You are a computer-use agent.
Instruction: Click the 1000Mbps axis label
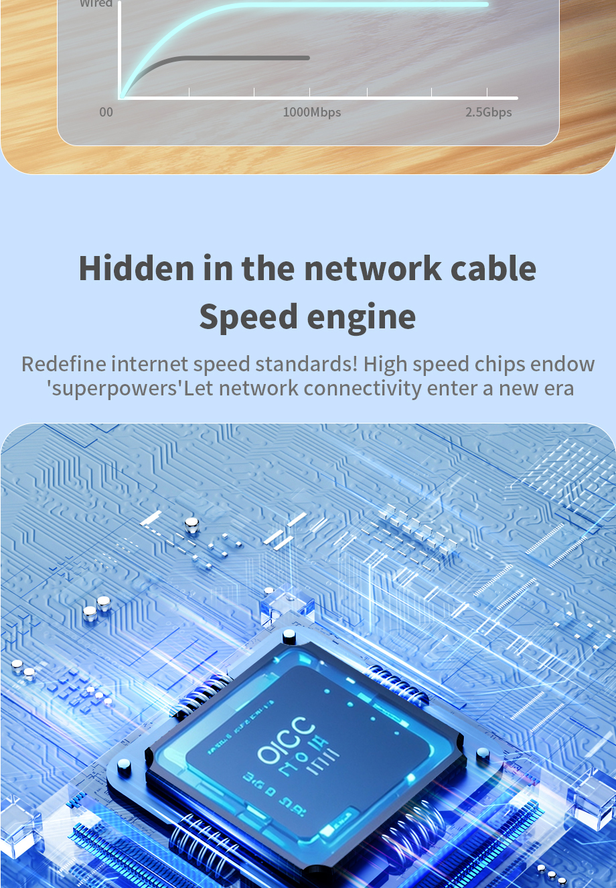pyautogui.click(x=311, y=113)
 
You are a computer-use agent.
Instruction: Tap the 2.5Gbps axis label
pyautogui.click(x=488, y=113)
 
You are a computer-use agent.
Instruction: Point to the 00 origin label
pyautogui.click(x=106, y=113)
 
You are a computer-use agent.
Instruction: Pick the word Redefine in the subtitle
pyautogui.click(x=64, y=364)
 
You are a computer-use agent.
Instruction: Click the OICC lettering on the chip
pyautogui.click(x=286, y=740)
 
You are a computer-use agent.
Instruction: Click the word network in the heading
pyautogui.click(x=372, y=268)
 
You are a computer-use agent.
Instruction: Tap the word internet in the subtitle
pyautogui.click(x=149, y=364)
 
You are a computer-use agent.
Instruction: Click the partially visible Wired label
pyautogui.click(x=96, y=3)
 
